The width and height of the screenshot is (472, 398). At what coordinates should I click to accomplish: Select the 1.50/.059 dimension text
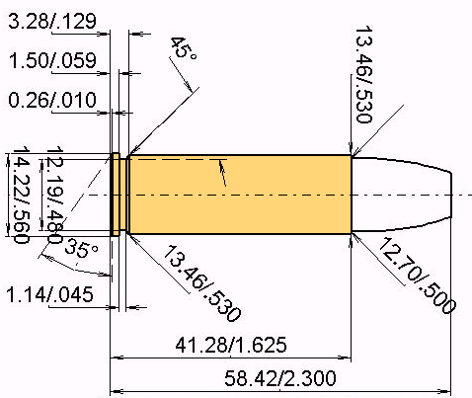point(51,61)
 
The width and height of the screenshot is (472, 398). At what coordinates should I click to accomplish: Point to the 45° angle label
point(179,48)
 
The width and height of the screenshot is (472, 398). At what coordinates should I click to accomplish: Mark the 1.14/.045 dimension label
point(51,294)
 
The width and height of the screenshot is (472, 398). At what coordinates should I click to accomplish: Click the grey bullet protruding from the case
point(400,196)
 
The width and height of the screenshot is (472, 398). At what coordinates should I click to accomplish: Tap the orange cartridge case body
point(237,196)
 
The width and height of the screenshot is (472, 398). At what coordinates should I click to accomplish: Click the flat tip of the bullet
point(453,196)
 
